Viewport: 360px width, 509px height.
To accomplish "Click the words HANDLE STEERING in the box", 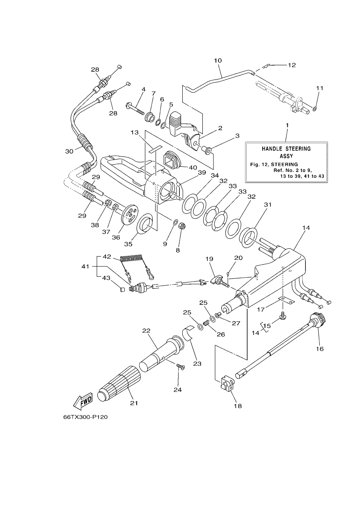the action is pyautogui.click(x=286, y=149).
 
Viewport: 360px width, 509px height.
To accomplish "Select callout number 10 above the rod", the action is pyautogui.click(x=218, y=61).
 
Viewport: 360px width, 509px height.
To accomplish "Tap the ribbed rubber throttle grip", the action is pyautogui.click(x=119, y=383).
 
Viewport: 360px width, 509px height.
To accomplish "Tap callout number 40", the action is pyautogui.click(x=193, y=167).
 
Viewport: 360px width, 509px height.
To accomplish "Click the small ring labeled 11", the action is pyautogui.click(x=314, y=109).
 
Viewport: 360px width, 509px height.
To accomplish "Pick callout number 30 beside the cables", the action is pyautogui.click(x=69, y=151).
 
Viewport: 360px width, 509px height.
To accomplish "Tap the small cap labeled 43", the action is pyautogui.click(x=122, y=290).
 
